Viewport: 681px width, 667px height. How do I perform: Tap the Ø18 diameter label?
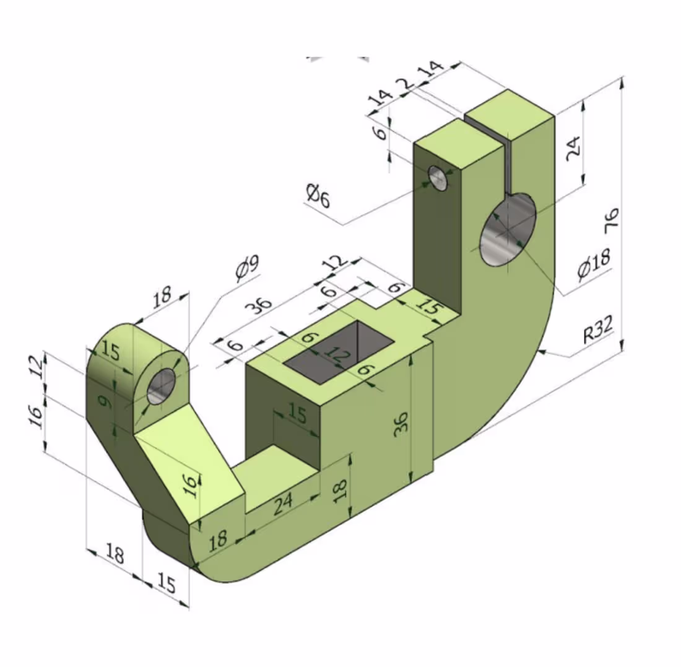click(x=593, y=264)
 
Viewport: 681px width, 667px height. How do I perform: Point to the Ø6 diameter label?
click(x=318, y=197)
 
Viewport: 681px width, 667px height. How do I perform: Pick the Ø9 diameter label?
click(x=247, y=268)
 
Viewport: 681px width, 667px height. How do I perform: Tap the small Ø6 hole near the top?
click(x=439, y=178)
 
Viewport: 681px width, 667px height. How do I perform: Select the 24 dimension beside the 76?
click(x=574, y=147)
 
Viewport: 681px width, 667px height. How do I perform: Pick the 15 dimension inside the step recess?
click(x=297, y=414)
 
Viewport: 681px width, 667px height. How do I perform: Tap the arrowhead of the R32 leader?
click(x=542, y=352)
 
